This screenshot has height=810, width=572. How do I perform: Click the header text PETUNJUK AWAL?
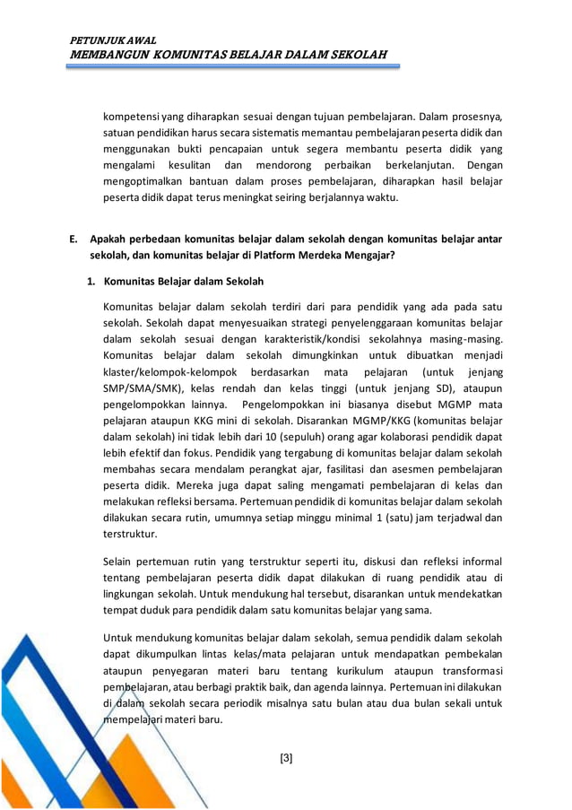tap(113, 40)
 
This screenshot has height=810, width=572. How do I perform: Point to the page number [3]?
tap(286, 758)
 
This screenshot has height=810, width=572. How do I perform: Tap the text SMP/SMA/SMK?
tap(139, 388)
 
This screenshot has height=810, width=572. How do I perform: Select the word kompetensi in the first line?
tap(132, 117)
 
